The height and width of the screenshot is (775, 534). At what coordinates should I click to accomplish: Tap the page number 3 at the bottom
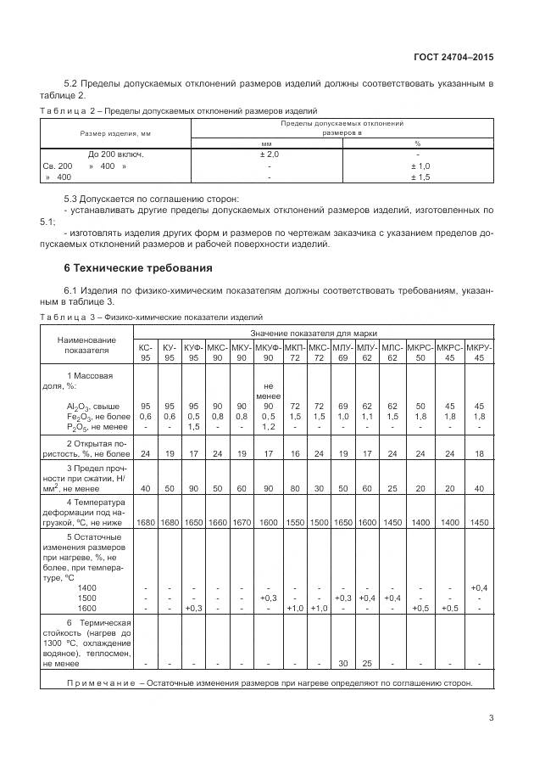tap(491, 718)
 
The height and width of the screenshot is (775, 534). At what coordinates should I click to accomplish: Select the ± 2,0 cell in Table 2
tap(269, 154)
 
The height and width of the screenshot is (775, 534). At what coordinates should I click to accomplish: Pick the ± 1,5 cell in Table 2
tap(420, 177)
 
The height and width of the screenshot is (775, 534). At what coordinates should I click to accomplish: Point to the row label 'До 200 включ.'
tap(115, 154)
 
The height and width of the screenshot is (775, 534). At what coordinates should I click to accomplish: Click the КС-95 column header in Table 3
tap(145, 352)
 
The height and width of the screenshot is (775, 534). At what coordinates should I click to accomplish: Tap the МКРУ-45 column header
tap(479, 352)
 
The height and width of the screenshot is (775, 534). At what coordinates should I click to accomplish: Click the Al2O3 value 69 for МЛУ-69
tap(343, 406)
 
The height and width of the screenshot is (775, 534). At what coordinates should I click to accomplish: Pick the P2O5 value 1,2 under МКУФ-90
tap(268, 426)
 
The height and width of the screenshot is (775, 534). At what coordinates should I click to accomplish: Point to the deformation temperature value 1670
tap(242, 522)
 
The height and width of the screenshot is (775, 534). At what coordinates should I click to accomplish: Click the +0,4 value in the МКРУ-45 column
tap(479, 587)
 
